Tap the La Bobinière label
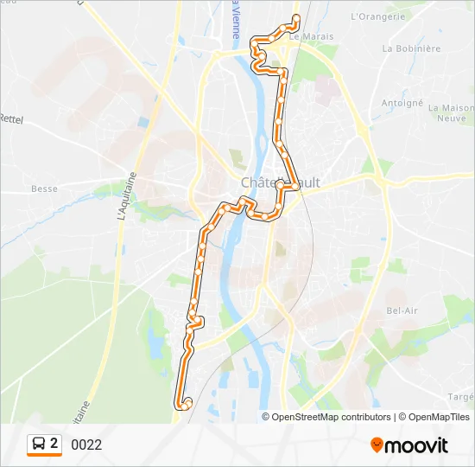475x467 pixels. tap(411, 49)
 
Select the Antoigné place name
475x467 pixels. tap(402, 102)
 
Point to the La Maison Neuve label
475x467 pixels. tap(452, 114)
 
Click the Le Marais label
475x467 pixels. tap(307, 36)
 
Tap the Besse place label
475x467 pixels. tap(44, 189)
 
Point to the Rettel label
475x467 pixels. tap(11, 118)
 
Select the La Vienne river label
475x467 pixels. tap(236, 22)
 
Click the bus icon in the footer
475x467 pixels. tap(39, 445)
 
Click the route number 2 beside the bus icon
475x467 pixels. tap(54, 444)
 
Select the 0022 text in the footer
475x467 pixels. tap(86, 445)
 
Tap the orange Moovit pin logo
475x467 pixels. tap(377, 445)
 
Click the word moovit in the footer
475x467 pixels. tap(416, 445)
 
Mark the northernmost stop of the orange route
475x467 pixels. tap(296, 17)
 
